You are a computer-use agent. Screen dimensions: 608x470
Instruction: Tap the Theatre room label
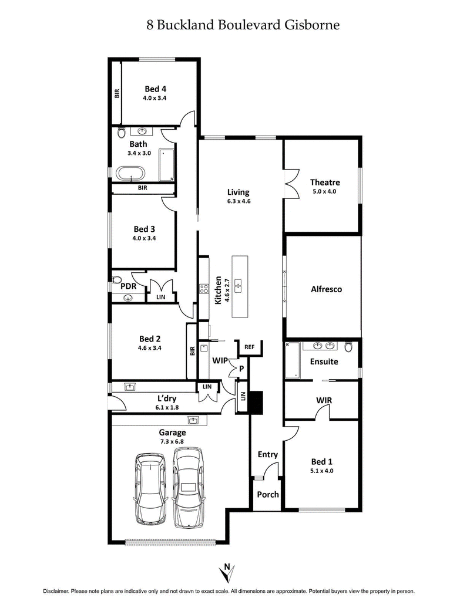click(x=325, y=183)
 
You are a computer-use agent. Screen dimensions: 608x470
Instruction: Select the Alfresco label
click(x=326, y=289)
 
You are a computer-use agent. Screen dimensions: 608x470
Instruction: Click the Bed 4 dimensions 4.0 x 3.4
click(x=155, y=99)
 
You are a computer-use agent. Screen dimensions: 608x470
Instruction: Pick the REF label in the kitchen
click(x=249, y=347)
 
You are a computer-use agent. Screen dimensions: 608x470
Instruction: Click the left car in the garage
click(x=152, y=488)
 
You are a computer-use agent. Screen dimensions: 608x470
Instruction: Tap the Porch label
click(x=268, y=494)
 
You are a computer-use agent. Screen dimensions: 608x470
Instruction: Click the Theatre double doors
click(x=291, y=184)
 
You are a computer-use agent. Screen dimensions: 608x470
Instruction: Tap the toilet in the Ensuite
click(x=348, y=347)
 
